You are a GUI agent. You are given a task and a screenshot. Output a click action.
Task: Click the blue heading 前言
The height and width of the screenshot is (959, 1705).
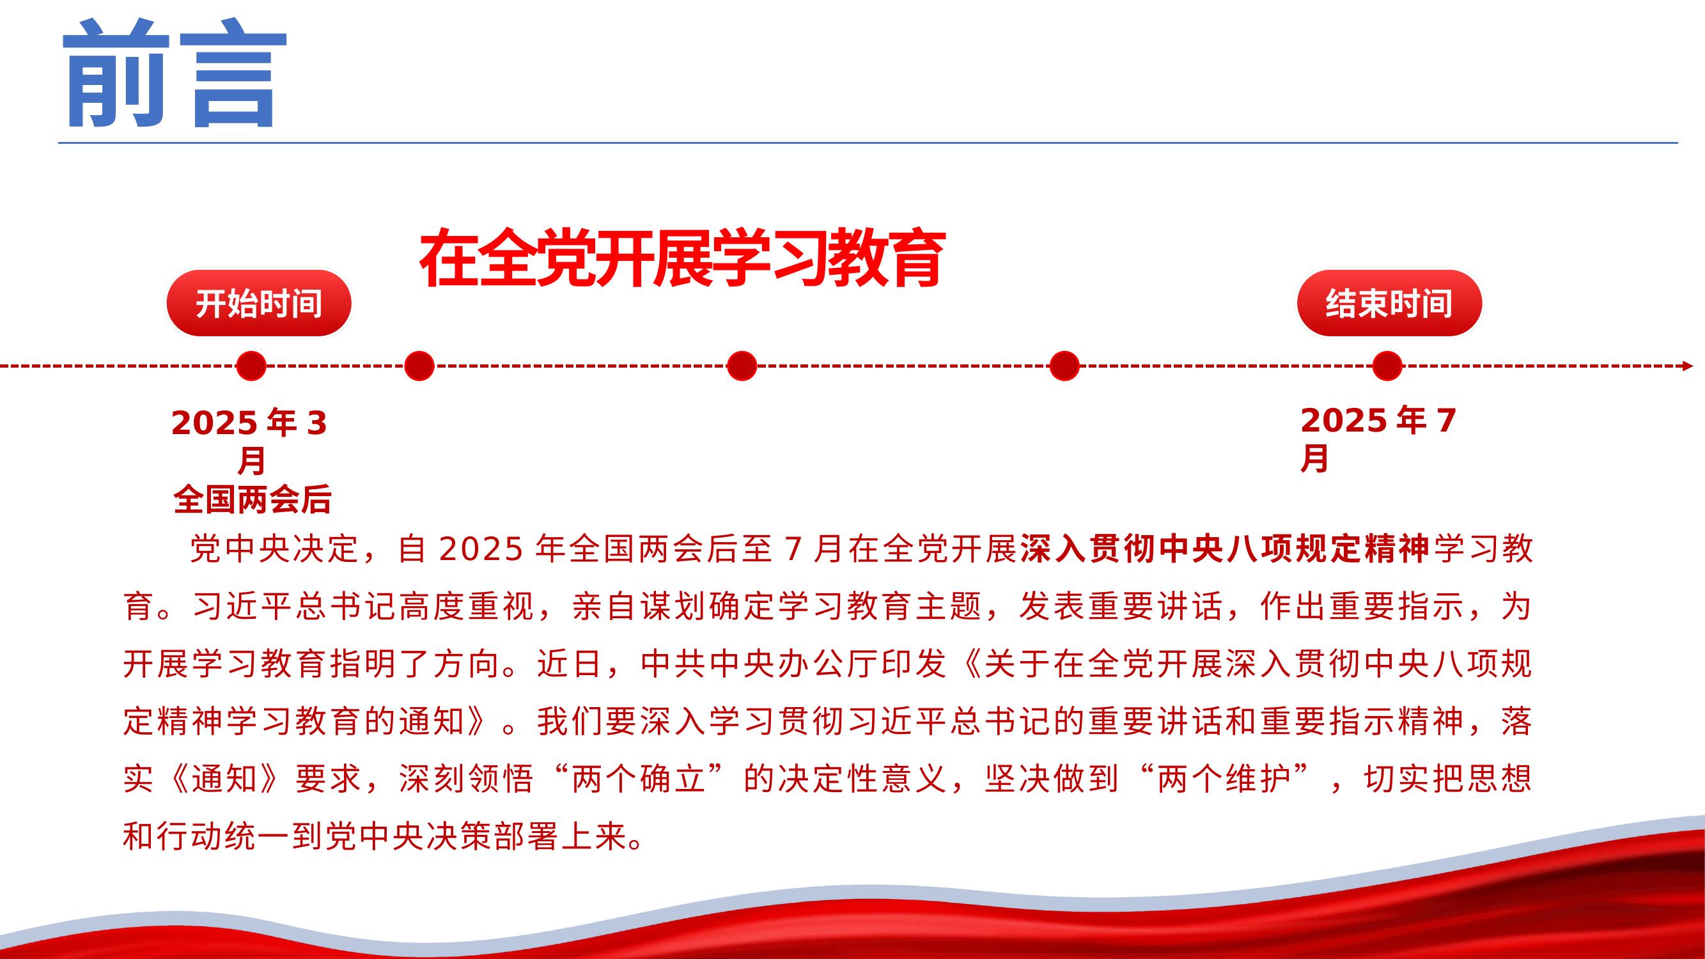175,72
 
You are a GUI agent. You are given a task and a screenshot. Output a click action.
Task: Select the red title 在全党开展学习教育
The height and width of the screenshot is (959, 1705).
682,258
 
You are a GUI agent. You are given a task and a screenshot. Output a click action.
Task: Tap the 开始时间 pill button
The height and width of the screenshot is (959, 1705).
258,303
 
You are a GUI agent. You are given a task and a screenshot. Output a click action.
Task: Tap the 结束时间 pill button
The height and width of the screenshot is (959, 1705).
1389,303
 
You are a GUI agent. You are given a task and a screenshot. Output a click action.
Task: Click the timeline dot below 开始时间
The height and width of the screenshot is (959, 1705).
251,366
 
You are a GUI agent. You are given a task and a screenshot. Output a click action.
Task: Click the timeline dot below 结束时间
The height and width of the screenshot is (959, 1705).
1387,366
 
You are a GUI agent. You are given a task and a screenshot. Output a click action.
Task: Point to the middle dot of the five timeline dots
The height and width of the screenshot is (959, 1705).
742,366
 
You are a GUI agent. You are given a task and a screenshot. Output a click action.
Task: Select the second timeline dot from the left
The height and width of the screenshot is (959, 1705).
419,366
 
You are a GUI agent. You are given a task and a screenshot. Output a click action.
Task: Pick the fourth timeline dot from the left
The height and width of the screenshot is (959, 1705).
1064,366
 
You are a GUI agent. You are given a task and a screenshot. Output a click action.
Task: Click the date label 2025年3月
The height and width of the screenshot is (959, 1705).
250,441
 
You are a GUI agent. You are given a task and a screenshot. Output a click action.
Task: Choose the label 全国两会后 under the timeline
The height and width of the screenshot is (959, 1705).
252,500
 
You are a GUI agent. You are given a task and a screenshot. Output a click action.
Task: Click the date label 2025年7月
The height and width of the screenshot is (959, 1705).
1378,439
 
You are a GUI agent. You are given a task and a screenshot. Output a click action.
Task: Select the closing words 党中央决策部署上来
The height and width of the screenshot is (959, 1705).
475,836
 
